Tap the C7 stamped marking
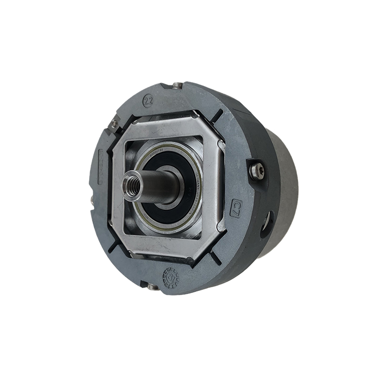(x=237, y=206)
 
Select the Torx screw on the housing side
(x=257, y=170)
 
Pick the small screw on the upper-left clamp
(x=114, y=123)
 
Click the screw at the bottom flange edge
(x=151, y=286)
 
